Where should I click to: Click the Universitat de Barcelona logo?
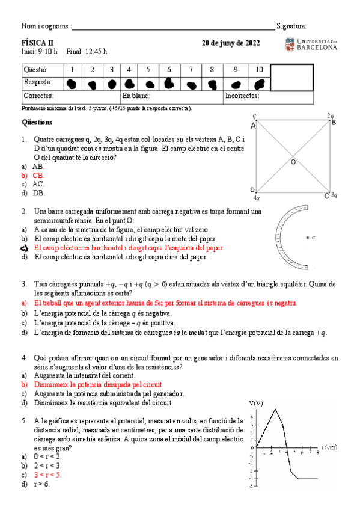click(x=311, y=45)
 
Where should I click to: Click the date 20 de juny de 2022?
click(x=231, y=43)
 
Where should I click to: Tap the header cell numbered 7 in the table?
click(x=191, y=70)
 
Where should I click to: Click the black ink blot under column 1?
click(x=72, y=84)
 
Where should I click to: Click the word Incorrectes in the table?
click(x=243, y=96)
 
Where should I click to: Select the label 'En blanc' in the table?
click(x=135, y=96)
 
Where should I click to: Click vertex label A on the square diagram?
click(x=253, y=126)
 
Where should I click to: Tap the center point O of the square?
click(x=293, y=162)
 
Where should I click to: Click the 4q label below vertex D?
click(x=257, y=197)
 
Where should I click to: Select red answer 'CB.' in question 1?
click(x=38, y=175)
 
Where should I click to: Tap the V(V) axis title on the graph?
click(x=257, y=402)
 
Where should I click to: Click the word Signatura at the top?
click(x=291, y=26)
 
